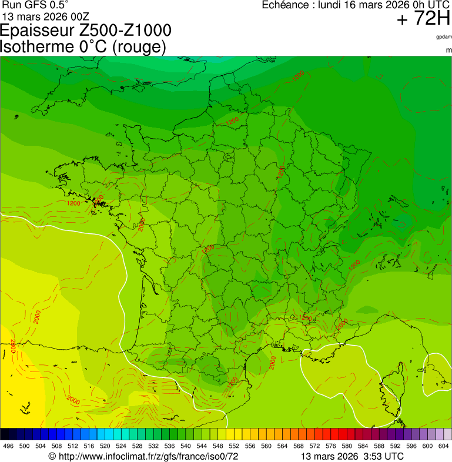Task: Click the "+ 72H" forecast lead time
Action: (423, 19)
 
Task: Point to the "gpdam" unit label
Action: (443, 37)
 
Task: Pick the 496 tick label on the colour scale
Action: (8, 446)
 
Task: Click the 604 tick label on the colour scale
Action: (443, 446)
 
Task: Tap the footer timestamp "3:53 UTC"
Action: (385, 457)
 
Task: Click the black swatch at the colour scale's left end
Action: (5, 434)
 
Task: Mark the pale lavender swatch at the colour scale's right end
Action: (447, 434)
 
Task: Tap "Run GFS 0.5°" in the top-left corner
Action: (35, 5)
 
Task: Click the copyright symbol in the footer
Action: (52, 457)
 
